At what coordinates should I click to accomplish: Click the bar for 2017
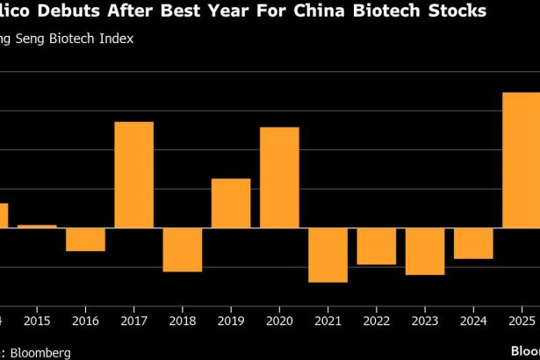(134, 175)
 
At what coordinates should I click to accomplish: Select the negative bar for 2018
(183, 249)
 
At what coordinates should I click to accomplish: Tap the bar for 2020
(279, 177)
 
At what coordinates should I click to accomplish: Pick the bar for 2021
(328, 255)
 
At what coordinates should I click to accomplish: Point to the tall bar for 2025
(521, 160)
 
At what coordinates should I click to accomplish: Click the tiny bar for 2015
(37, 227)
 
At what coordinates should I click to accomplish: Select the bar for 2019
(231, 203)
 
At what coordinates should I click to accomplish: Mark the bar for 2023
(424, 251)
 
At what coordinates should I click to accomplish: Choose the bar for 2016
(86, 240)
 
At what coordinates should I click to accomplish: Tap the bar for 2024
(473, 243)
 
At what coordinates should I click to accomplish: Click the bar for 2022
(376, 246)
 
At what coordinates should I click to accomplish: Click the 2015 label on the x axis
(37, 321)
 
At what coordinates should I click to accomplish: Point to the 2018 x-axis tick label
(183, 321)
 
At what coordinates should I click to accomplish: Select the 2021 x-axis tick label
(328, 321)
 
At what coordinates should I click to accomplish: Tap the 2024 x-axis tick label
(473, 321)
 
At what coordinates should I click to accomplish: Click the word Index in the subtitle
(116, 41)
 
